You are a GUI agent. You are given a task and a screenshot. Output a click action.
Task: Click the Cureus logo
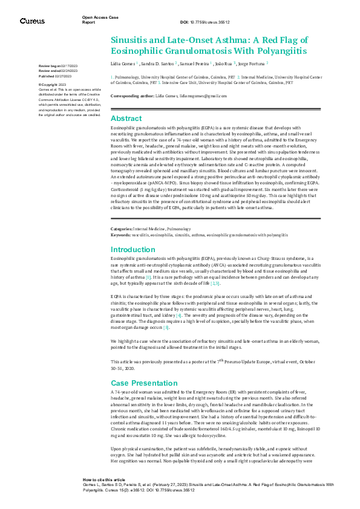(32, 21)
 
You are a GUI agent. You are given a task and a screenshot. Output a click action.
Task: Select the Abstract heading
(126, 118)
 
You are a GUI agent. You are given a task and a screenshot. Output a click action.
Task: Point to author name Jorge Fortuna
(252, 63)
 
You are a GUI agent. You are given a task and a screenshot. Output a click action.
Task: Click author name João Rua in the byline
(224, 63)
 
